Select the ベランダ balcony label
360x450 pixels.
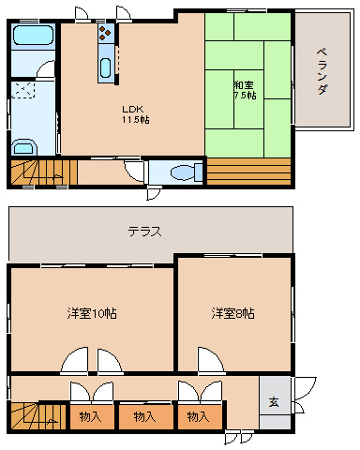322,71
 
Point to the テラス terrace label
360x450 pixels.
145,231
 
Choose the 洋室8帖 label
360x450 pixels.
232,312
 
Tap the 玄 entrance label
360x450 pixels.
274,402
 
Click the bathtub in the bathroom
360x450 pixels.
34,39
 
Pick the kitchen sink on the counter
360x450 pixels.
105,68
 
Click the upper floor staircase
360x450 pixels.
42,172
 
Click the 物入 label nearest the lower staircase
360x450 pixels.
90,415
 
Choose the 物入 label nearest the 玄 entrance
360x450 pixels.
197,415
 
